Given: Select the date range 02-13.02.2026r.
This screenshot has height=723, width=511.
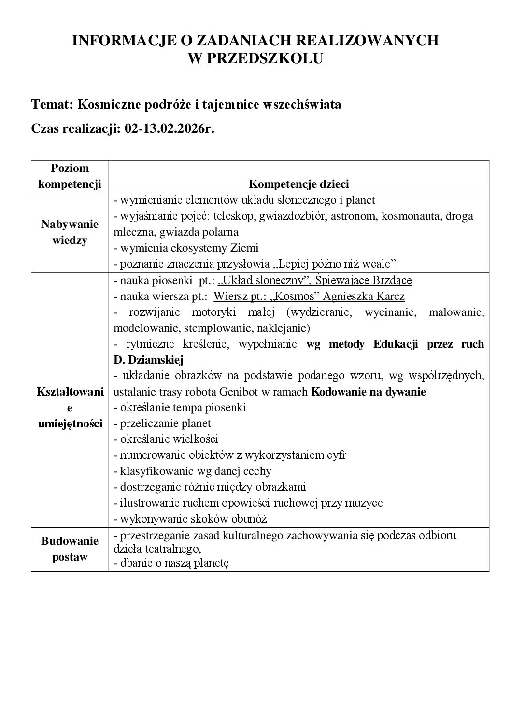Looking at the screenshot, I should (x=169, y=129).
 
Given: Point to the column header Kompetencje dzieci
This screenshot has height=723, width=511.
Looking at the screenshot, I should (x=298, y=184).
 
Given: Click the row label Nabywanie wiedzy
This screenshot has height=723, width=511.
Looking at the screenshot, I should (x=70, y=232).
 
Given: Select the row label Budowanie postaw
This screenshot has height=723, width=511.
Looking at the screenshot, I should (x=70, y=549).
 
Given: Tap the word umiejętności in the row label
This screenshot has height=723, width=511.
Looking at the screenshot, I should (x=70, y=424).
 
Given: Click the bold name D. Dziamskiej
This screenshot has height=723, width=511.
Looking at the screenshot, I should (x=148, y=360).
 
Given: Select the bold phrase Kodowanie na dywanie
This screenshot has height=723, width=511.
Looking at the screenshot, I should (x=369, y=392).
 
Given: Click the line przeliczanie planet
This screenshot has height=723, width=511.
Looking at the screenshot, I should (x=162, y=423).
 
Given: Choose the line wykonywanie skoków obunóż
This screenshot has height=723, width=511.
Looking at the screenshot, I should (x=190, y=519).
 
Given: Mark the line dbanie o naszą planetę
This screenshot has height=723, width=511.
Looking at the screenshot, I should (x=171, y=563).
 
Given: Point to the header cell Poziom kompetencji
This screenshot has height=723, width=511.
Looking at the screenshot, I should (x=70, y=176).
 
